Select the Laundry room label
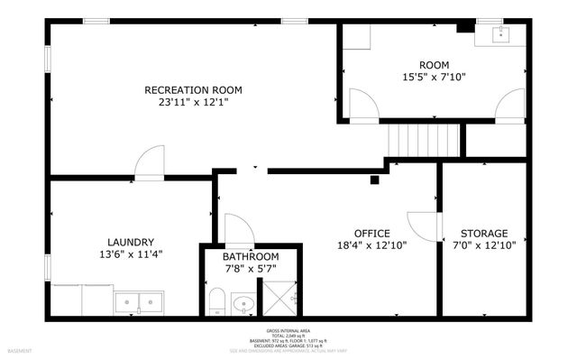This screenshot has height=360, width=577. pos(131,242)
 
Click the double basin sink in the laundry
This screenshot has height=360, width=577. pos(138,300)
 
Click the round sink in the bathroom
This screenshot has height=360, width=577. pos(243,303)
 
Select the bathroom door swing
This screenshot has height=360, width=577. pos(237,229)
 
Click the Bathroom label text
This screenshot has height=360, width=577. pos(251,256)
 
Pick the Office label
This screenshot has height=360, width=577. pos(371,233)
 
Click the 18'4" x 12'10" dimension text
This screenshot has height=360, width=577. pos(371,245)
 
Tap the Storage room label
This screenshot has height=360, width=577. pos(484,233)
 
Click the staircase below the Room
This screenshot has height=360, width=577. pos(424,141)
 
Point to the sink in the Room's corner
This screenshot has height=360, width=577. pos(502,35)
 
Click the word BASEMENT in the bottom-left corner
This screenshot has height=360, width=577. pos(19,350)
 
